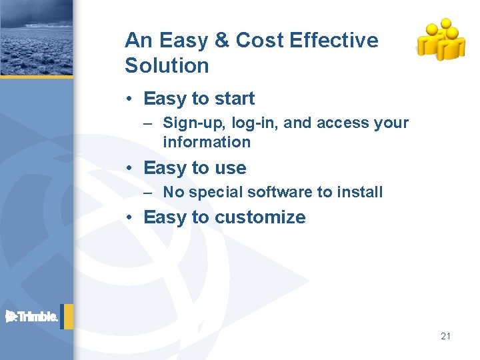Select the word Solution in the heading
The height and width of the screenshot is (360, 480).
click(167, 66)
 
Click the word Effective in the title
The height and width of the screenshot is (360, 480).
click(335, 41)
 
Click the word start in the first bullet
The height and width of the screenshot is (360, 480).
click(235, 99)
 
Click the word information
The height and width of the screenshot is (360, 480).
click(207, 142)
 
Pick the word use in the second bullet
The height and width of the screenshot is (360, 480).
click(230, 168)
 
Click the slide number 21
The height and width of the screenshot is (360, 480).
click(445, 336)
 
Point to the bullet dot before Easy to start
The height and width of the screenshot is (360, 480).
click(133, 99)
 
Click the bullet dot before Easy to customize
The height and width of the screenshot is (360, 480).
click(133, 218)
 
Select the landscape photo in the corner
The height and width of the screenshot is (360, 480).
click(36, 37)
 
